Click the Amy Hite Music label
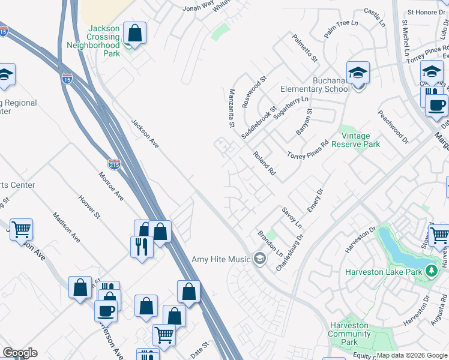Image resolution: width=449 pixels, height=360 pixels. (221, 260)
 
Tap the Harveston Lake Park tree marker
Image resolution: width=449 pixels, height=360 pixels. (430, 272)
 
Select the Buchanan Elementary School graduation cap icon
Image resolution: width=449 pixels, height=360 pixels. (358, 74)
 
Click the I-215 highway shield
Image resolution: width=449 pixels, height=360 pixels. (114, 164)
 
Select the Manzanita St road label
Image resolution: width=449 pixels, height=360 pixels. (231, 109)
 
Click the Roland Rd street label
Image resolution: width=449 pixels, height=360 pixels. (264, 163)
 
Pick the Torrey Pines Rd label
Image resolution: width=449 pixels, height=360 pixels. (308, 152)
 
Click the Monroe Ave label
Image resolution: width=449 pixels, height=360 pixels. (112, 187)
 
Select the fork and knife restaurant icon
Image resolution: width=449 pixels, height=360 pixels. (141, 246)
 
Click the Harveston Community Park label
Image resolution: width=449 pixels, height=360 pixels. (349, 334)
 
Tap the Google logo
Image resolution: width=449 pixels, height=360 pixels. (20, 353)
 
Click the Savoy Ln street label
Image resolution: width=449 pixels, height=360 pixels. (291, 218)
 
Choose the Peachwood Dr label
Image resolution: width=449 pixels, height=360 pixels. (393, 127)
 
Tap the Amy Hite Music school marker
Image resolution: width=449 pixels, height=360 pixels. (260, 259)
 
